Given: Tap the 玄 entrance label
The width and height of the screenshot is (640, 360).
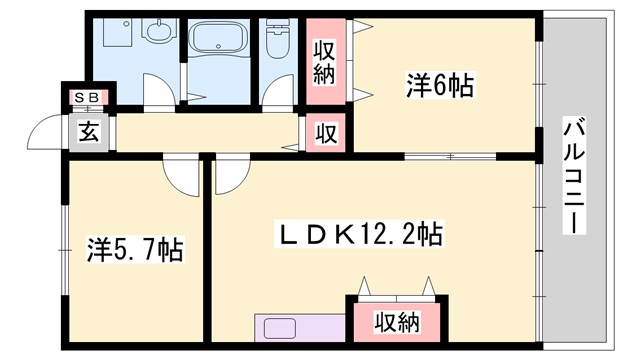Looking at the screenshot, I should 89,131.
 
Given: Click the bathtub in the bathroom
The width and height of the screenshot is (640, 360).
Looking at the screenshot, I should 219,43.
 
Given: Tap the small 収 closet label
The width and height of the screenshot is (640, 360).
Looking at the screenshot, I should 326,132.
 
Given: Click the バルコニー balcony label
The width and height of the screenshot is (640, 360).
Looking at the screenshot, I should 574,176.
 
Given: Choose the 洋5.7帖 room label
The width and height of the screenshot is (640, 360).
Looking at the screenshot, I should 133,247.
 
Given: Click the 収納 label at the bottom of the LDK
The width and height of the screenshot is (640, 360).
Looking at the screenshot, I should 397,322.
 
